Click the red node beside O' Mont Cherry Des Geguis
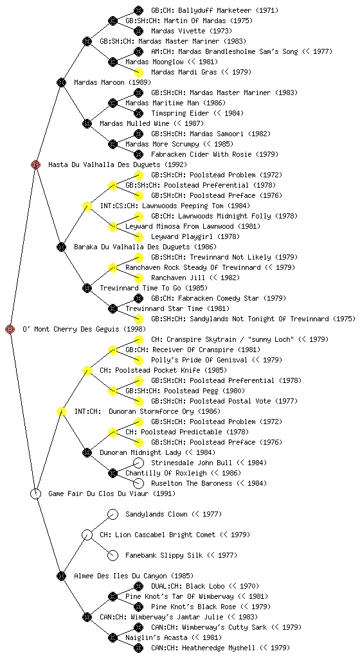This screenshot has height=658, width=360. tap(10, 329)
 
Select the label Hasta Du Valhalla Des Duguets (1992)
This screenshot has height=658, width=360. tap(118, 164)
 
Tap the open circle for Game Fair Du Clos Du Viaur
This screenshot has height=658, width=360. tap(35, 493)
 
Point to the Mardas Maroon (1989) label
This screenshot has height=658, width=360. tap(113, 82)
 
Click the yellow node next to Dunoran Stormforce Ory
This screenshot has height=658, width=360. tap(61, 411)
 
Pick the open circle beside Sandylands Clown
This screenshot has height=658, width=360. tap(113, 514)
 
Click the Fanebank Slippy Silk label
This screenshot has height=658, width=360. tap(164, 555)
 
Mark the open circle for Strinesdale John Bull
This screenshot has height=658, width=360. tap(138, 463)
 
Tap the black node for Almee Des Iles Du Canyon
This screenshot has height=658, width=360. tap(61, 576)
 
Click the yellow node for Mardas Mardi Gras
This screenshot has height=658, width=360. tap(138, 72)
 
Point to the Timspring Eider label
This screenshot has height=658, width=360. tap(180, 113)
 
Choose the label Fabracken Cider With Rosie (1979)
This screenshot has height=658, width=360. tap(215, 154)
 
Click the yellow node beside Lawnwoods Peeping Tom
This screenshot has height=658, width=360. tap(87, 206)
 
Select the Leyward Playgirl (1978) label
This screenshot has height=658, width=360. tap(195, 236)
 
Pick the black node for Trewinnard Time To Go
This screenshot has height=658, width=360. tap(87, 288)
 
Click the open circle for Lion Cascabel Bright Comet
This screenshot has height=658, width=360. tap(87, 535)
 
